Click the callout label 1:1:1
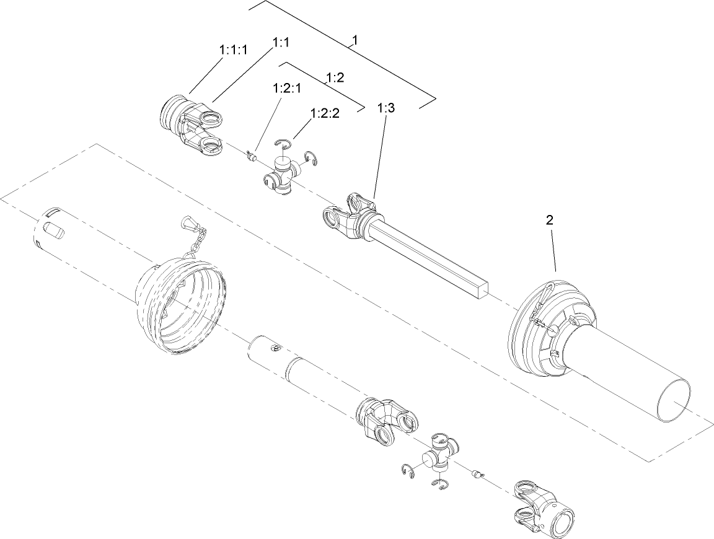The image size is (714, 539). pos(234,50)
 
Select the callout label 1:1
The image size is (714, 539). pos(282,42)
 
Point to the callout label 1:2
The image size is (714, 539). pos(335,77)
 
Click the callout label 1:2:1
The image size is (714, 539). pos(286,89)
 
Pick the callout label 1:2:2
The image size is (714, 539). pos(325,114)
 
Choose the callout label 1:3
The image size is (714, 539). pos(386,108)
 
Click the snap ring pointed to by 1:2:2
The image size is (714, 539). pos(284,144)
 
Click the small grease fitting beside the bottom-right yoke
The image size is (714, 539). pos(477,474)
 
